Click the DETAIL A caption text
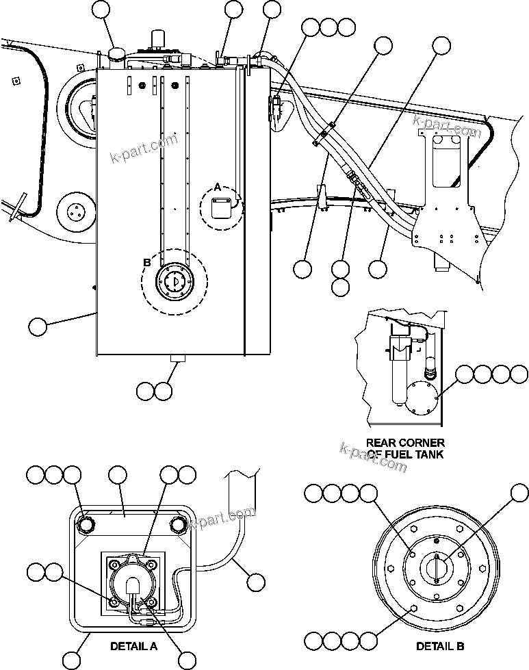click(x=134, y=645)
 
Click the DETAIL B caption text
click(x=441, y=645)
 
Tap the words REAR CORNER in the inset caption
click(x=405, y=443)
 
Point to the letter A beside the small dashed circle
click(x=218, y=187)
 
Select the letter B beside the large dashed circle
click(x=146, y=261)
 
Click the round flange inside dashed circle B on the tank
click(x=173, y=281)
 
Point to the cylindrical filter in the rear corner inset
click(x=397, y=370)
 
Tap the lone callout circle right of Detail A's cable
click(x=255, y=582)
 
